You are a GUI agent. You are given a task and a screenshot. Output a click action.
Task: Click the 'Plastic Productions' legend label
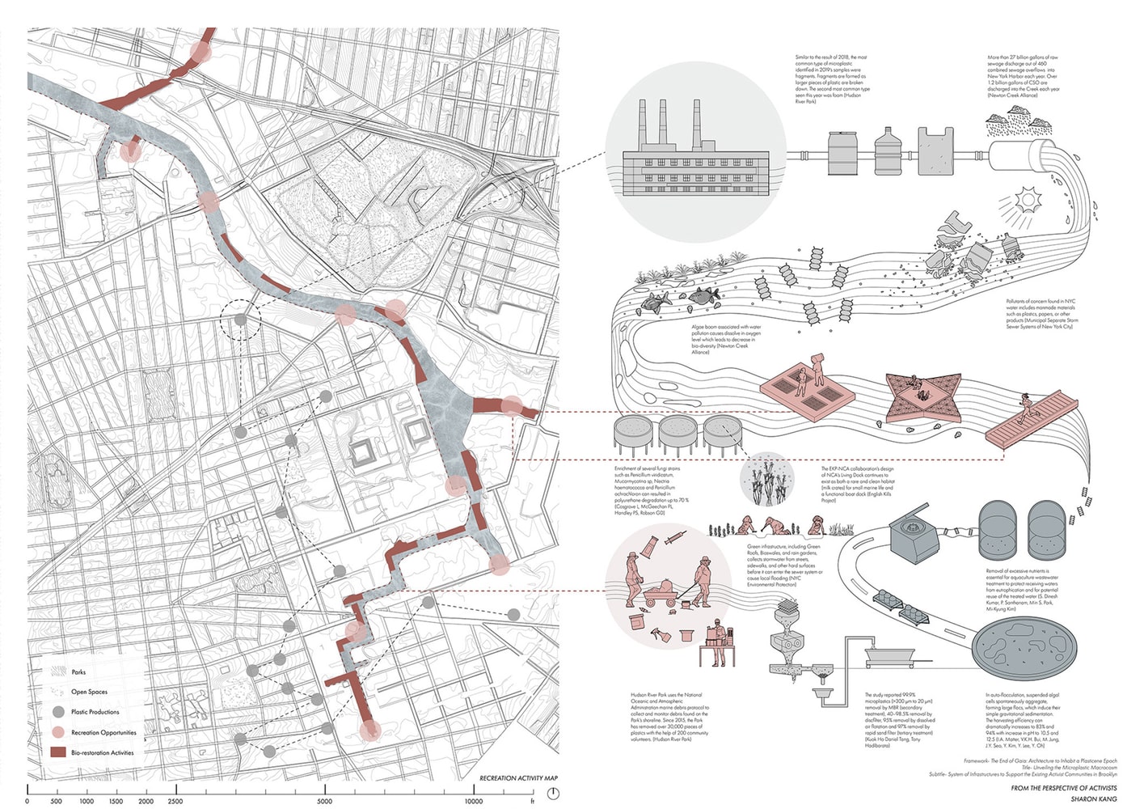tap(95, 712)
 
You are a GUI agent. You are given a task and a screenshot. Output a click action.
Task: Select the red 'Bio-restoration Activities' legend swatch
tap(57, 752)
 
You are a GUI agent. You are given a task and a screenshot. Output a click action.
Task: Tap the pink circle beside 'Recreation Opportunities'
tap(57, 732)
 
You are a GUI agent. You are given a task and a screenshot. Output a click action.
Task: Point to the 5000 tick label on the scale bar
tap(323, 802)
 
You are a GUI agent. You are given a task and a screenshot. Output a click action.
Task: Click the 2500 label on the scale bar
tap(175, 802)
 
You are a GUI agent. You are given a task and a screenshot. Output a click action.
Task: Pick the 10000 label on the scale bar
tap(473, 802)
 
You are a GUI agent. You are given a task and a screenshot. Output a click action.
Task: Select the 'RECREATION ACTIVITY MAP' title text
tap(518, 778)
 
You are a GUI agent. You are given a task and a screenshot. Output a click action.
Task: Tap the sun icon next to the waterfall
tap(1028, 199)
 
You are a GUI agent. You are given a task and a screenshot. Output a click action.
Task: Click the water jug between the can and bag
tap(887, 151)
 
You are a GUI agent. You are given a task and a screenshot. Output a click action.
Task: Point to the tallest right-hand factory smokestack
tap(681, 124)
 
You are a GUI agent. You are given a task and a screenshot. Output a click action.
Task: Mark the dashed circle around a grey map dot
tap(240, 320)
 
